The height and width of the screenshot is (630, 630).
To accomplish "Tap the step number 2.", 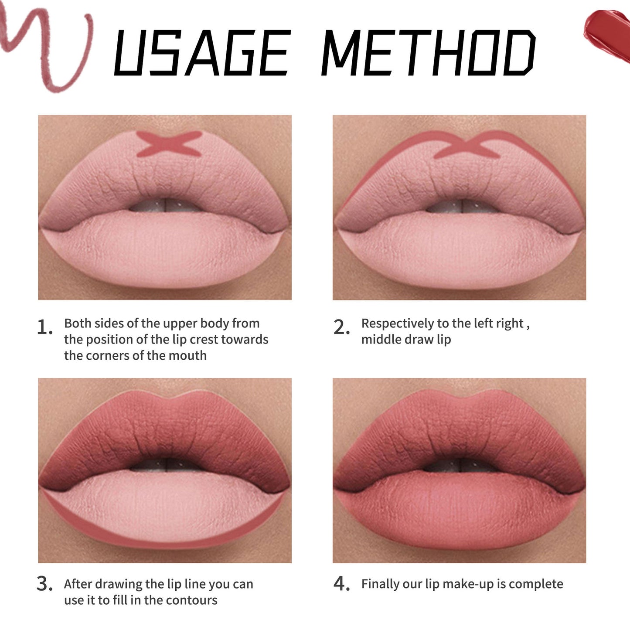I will [341, 327].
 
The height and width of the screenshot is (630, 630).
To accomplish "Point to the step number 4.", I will [341, 584].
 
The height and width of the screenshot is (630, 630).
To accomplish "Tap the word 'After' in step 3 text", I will [78, 584].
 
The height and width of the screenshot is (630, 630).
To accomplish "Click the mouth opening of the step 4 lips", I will [460, 466].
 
